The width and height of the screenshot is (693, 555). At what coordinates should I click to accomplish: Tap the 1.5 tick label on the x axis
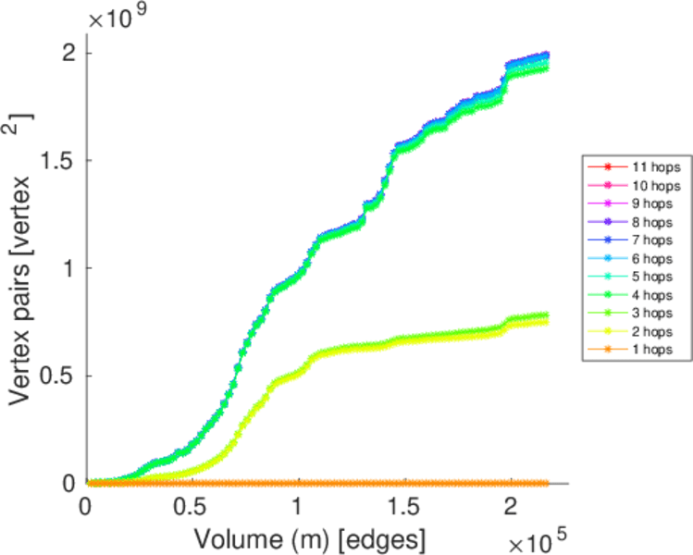(404, 506)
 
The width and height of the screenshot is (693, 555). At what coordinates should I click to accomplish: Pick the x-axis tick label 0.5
(192, 506)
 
